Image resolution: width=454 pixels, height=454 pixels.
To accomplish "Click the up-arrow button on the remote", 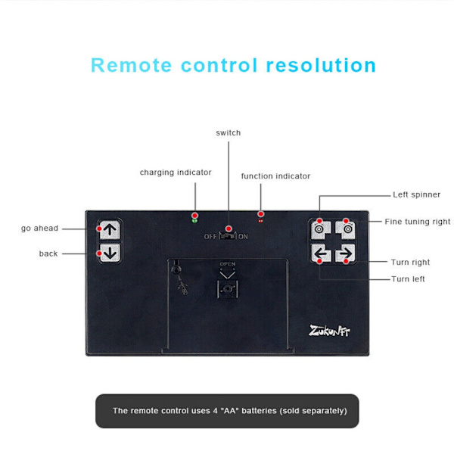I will [110, 230].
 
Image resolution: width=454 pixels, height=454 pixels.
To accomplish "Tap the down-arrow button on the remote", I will [110, 253].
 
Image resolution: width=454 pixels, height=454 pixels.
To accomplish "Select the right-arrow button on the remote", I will [346, 253].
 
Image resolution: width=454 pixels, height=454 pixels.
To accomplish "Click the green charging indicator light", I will [194, 220].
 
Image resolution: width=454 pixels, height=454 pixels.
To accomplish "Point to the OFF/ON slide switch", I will [226, 235].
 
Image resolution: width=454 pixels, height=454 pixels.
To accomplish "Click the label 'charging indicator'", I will [176, 173].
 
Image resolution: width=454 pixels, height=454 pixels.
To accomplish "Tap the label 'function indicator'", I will [275, 176].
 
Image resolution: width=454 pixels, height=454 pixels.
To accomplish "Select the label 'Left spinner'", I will [416, 194].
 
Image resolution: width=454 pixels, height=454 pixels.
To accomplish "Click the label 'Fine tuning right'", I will [417, 222].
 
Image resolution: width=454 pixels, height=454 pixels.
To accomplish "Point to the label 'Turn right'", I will [410, 263].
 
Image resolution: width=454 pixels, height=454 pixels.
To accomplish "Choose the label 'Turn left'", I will [408, 279].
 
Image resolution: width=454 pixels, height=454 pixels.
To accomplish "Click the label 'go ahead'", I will [39, 229].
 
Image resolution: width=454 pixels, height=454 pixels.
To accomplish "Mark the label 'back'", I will [48, 253].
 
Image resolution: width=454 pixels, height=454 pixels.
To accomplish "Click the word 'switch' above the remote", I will [228, 133].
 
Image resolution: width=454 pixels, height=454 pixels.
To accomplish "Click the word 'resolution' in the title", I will [321, 65].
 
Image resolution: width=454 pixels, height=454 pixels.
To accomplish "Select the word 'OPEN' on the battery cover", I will [227, 264].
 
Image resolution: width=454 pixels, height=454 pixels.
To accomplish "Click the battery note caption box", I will [227, 411].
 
